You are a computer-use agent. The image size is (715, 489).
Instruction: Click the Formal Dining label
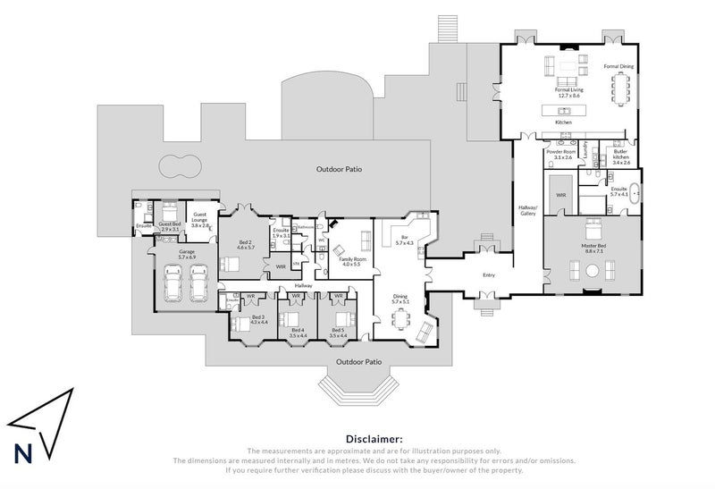click(618, 66)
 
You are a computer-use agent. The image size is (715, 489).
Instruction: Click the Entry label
click(488, 275)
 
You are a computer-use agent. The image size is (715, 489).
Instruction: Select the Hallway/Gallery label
click(526, 210)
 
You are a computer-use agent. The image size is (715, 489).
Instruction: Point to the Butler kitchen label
click(621, 159)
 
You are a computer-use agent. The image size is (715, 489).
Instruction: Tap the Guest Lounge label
click(200, 222)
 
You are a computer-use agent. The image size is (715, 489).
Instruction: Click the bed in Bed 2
click(230, 264)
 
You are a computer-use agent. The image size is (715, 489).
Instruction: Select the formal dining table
click(620, 88)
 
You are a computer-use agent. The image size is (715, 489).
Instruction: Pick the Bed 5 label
click(339, 332)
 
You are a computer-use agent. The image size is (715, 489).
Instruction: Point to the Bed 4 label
click(298, 332)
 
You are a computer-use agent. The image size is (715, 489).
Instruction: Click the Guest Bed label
click(170, 226)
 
